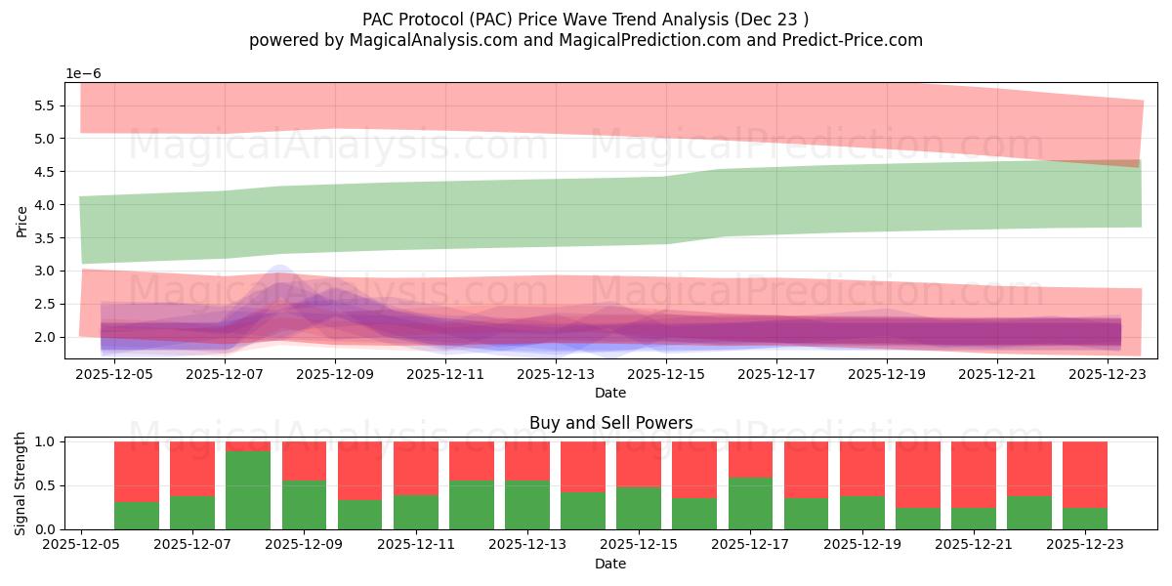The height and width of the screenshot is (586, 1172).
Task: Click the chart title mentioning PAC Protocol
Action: click(x=585, y=19)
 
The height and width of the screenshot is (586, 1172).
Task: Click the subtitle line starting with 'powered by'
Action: click(x=585, y=40)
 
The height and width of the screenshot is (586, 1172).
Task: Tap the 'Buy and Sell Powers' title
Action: click(x=610, y=423)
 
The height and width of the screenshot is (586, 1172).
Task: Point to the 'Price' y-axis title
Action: click(x=22, y=221)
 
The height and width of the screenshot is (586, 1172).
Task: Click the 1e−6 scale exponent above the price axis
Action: click(x=83, y=74)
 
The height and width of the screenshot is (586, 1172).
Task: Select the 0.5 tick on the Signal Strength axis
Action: click(x=46, y=486)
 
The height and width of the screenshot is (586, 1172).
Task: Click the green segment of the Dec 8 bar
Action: click(x=248, y=490)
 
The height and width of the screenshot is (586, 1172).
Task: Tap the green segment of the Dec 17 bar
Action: click(x=750, y=504)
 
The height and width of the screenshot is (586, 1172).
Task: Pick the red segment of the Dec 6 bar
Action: click(x=137, y=472)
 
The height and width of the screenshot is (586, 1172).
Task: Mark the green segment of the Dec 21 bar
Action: click(x=973, y=519)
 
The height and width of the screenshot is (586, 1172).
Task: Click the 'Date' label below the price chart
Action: click(x=610, y=393)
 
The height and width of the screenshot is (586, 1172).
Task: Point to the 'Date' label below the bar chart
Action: click(x=610, y=564)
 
